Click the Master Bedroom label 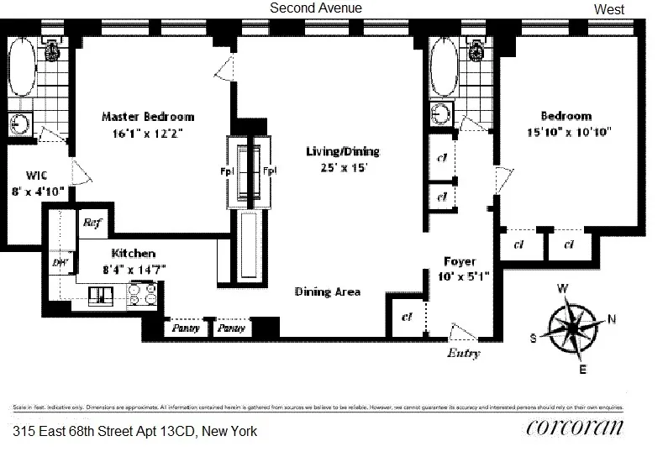pos(147,117)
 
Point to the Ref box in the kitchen pos(92,223)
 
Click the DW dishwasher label pos(59,262)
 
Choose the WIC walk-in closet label pos(36,175)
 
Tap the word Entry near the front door pos(463,354)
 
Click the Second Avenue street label pos(316,8)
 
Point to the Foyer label pos(460,260)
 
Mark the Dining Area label pos(327,292)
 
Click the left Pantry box pos(187,328)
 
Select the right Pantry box pos(231,328)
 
